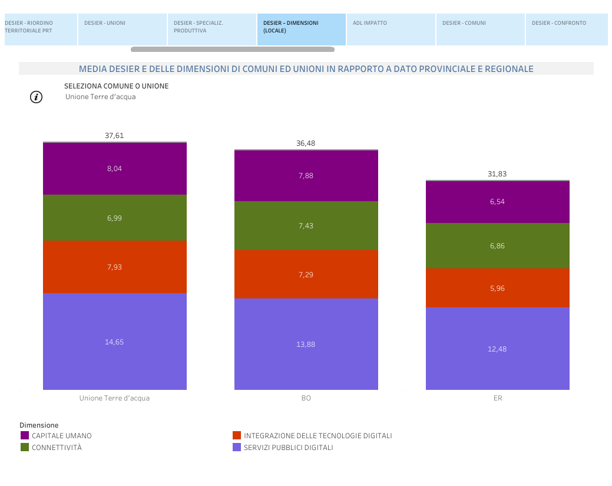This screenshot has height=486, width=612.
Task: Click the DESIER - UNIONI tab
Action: [x=122, y=29]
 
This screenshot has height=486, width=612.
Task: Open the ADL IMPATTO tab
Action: [x=391, y=29]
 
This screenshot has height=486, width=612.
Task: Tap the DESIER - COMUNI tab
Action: [x=480, y=29]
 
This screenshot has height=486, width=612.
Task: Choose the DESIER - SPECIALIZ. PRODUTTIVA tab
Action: [x=211, y=29]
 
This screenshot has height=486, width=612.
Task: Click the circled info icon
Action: [x=37, y=97]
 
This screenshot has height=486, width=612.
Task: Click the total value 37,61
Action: [x=114, y=136]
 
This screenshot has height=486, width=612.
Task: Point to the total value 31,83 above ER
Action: [x=497, y=174]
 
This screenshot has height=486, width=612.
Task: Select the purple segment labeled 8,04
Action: [x=115, y=169]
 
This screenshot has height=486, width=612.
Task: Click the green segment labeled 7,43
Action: [x=306, y=225]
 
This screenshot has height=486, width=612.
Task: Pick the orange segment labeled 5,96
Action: [x=498, y=288]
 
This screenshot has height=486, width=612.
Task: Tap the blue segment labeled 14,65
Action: [x=115, y=341]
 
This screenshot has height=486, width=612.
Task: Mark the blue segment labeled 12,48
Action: [x=498, y=349]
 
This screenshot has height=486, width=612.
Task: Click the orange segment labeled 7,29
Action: [x=306, y=274]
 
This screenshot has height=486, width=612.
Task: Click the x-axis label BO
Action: [x=306, y=398]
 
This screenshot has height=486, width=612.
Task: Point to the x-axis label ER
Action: [x=498, y=398]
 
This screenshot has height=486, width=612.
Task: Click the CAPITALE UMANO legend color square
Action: [x=25, y=435]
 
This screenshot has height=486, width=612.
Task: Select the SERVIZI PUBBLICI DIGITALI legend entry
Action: [x=288, y=448]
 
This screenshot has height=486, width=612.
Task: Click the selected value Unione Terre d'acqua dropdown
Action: [x=101, y=97]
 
